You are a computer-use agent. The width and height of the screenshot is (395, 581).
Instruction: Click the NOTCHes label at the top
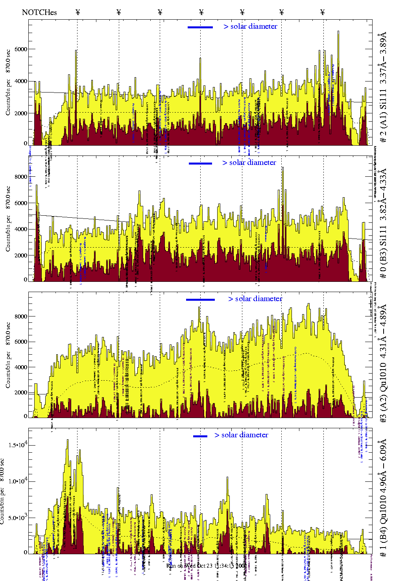pyautogui.click(x=39, y=12)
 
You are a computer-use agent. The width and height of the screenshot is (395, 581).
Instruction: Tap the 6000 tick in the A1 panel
pyautogui.click(x=20, y=49)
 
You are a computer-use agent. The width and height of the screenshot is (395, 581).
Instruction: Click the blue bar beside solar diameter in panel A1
pyautogui.click(x=200, y=27)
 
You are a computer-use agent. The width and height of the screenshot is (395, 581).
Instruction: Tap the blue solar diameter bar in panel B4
pyautogui.click(x=200, y=436)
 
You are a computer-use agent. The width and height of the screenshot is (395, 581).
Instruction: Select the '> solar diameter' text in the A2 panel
pyautogui.click(x=255, y=299)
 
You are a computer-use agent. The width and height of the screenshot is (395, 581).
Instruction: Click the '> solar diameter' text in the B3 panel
pyautogui.click(x=249, y=163)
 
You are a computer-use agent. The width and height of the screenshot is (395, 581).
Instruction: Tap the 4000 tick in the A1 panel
pyautogui.click(x=20, y=81)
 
